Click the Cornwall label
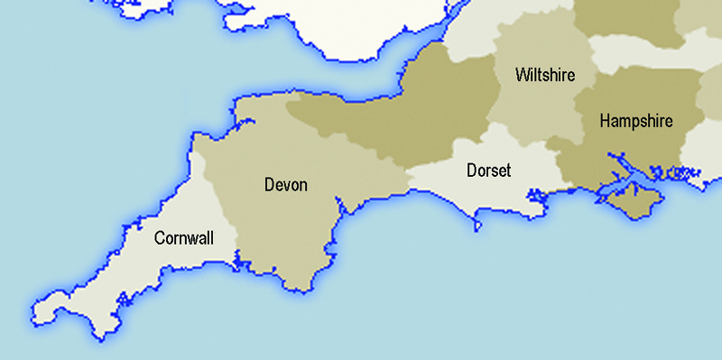[x=183, y=238]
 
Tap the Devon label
[x=285, y=185]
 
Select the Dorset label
[x=488, y=170]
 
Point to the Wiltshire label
[x=544, y=74]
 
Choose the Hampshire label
[x=635, y=121]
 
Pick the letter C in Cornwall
[x=159, y=238]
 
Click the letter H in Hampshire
[x=604, y=121]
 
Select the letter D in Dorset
[x=471, y=170]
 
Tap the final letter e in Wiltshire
[x=570, y=75]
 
